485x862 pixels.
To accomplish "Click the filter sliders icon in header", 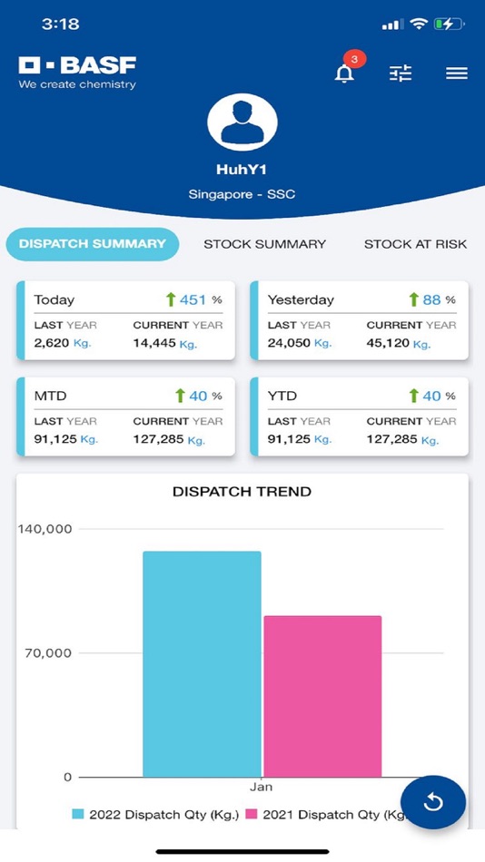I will click(x=401, y=73).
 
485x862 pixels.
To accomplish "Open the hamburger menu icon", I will click(x=457, y=73).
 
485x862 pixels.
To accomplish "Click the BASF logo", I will click(x=77, y=73).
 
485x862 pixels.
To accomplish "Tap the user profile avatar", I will click(x=242, y=124).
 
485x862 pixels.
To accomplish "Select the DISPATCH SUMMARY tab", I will click(x=93, y=244).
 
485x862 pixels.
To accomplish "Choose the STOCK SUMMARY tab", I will click(x=264, y=244).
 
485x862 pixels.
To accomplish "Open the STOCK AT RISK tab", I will click(x=415, y=244).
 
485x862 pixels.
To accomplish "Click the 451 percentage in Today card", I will click(x=192, y=299).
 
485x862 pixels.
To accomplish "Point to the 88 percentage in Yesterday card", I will click(x=431, y=299).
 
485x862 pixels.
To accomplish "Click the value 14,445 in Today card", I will click(x=154, y=344).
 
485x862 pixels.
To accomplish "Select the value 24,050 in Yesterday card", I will click(x=288, y=344).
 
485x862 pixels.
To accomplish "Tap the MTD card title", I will click(x=50, y=396).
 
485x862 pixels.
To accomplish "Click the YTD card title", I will click(x=282, y=396).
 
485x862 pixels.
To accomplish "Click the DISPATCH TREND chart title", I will click(x=242, y=492).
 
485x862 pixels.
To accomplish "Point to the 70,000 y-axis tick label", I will click(x=45, y=652).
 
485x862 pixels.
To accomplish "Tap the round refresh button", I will click(x=433, y=803).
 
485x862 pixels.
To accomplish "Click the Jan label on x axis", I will click(x=262, y=787).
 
